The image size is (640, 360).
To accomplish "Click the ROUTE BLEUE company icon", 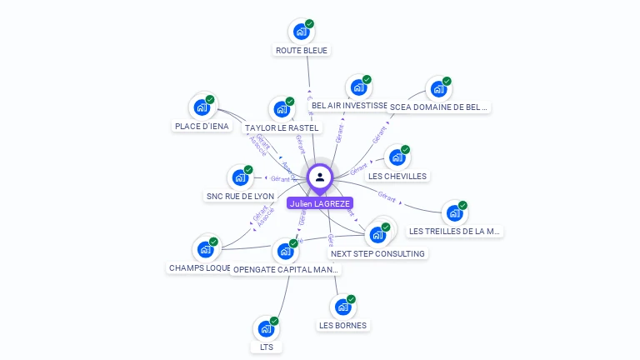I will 300,32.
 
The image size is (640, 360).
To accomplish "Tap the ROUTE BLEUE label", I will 302,51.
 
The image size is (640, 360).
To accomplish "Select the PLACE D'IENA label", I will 202,127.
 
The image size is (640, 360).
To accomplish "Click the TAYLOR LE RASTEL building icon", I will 282,109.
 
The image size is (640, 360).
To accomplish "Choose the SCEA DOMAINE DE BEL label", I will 438,107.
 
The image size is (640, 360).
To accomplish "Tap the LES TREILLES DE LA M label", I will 455,232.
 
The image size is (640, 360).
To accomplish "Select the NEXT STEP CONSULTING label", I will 377,253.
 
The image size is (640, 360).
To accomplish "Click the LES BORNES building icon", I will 342,307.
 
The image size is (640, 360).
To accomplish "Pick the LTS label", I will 266,347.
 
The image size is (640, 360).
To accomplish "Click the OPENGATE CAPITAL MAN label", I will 286,270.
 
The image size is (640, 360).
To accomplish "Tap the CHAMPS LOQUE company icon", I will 204,249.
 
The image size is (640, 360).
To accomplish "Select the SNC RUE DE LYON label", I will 240,197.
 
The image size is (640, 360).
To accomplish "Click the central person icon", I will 319,177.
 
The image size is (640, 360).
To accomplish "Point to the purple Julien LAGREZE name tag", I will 320,203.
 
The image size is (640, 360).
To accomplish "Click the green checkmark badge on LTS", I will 274,321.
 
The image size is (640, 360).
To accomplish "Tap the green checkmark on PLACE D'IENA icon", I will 210,99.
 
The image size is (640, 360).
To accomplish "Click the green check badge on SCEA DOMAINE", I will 447,82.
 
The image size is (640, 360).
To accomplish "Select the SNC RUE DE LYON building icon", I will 239,177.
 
